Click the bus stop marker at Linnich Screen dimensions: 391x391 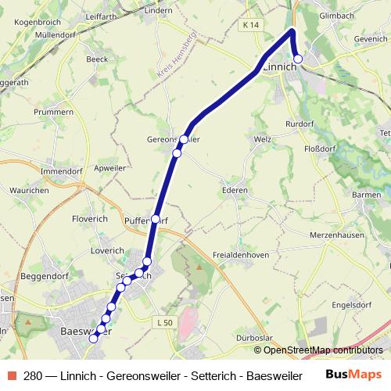pos(298,59)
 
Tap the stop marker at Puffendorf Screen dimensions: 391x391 pos(156,219)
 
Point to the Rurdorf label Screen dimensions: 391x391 pos(300,123)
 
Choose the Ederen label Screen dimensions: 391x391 pos(235,190)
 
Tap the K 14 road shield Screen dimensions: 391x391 pos(250,25)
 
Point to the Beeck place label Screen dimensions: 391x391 pos(98,58)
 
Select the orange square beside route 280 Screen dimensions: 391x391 pos(12,375)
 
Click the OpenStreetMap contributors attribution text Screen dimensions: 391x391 pos(322,350)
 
